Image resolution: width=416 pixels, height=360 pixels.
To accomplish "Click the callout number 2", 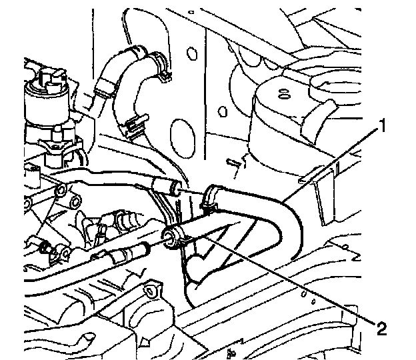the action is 381,328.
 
